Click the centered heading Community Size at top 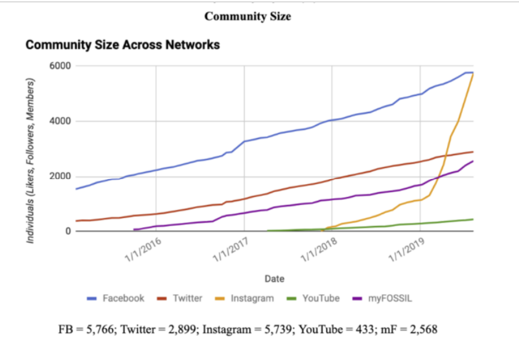[247, 17]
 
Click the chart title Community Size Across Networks [123, 45]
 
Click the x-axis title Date [274, 279]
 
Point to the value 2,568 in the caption [423, 329]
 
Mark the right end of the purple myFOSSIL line [473, 161]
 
